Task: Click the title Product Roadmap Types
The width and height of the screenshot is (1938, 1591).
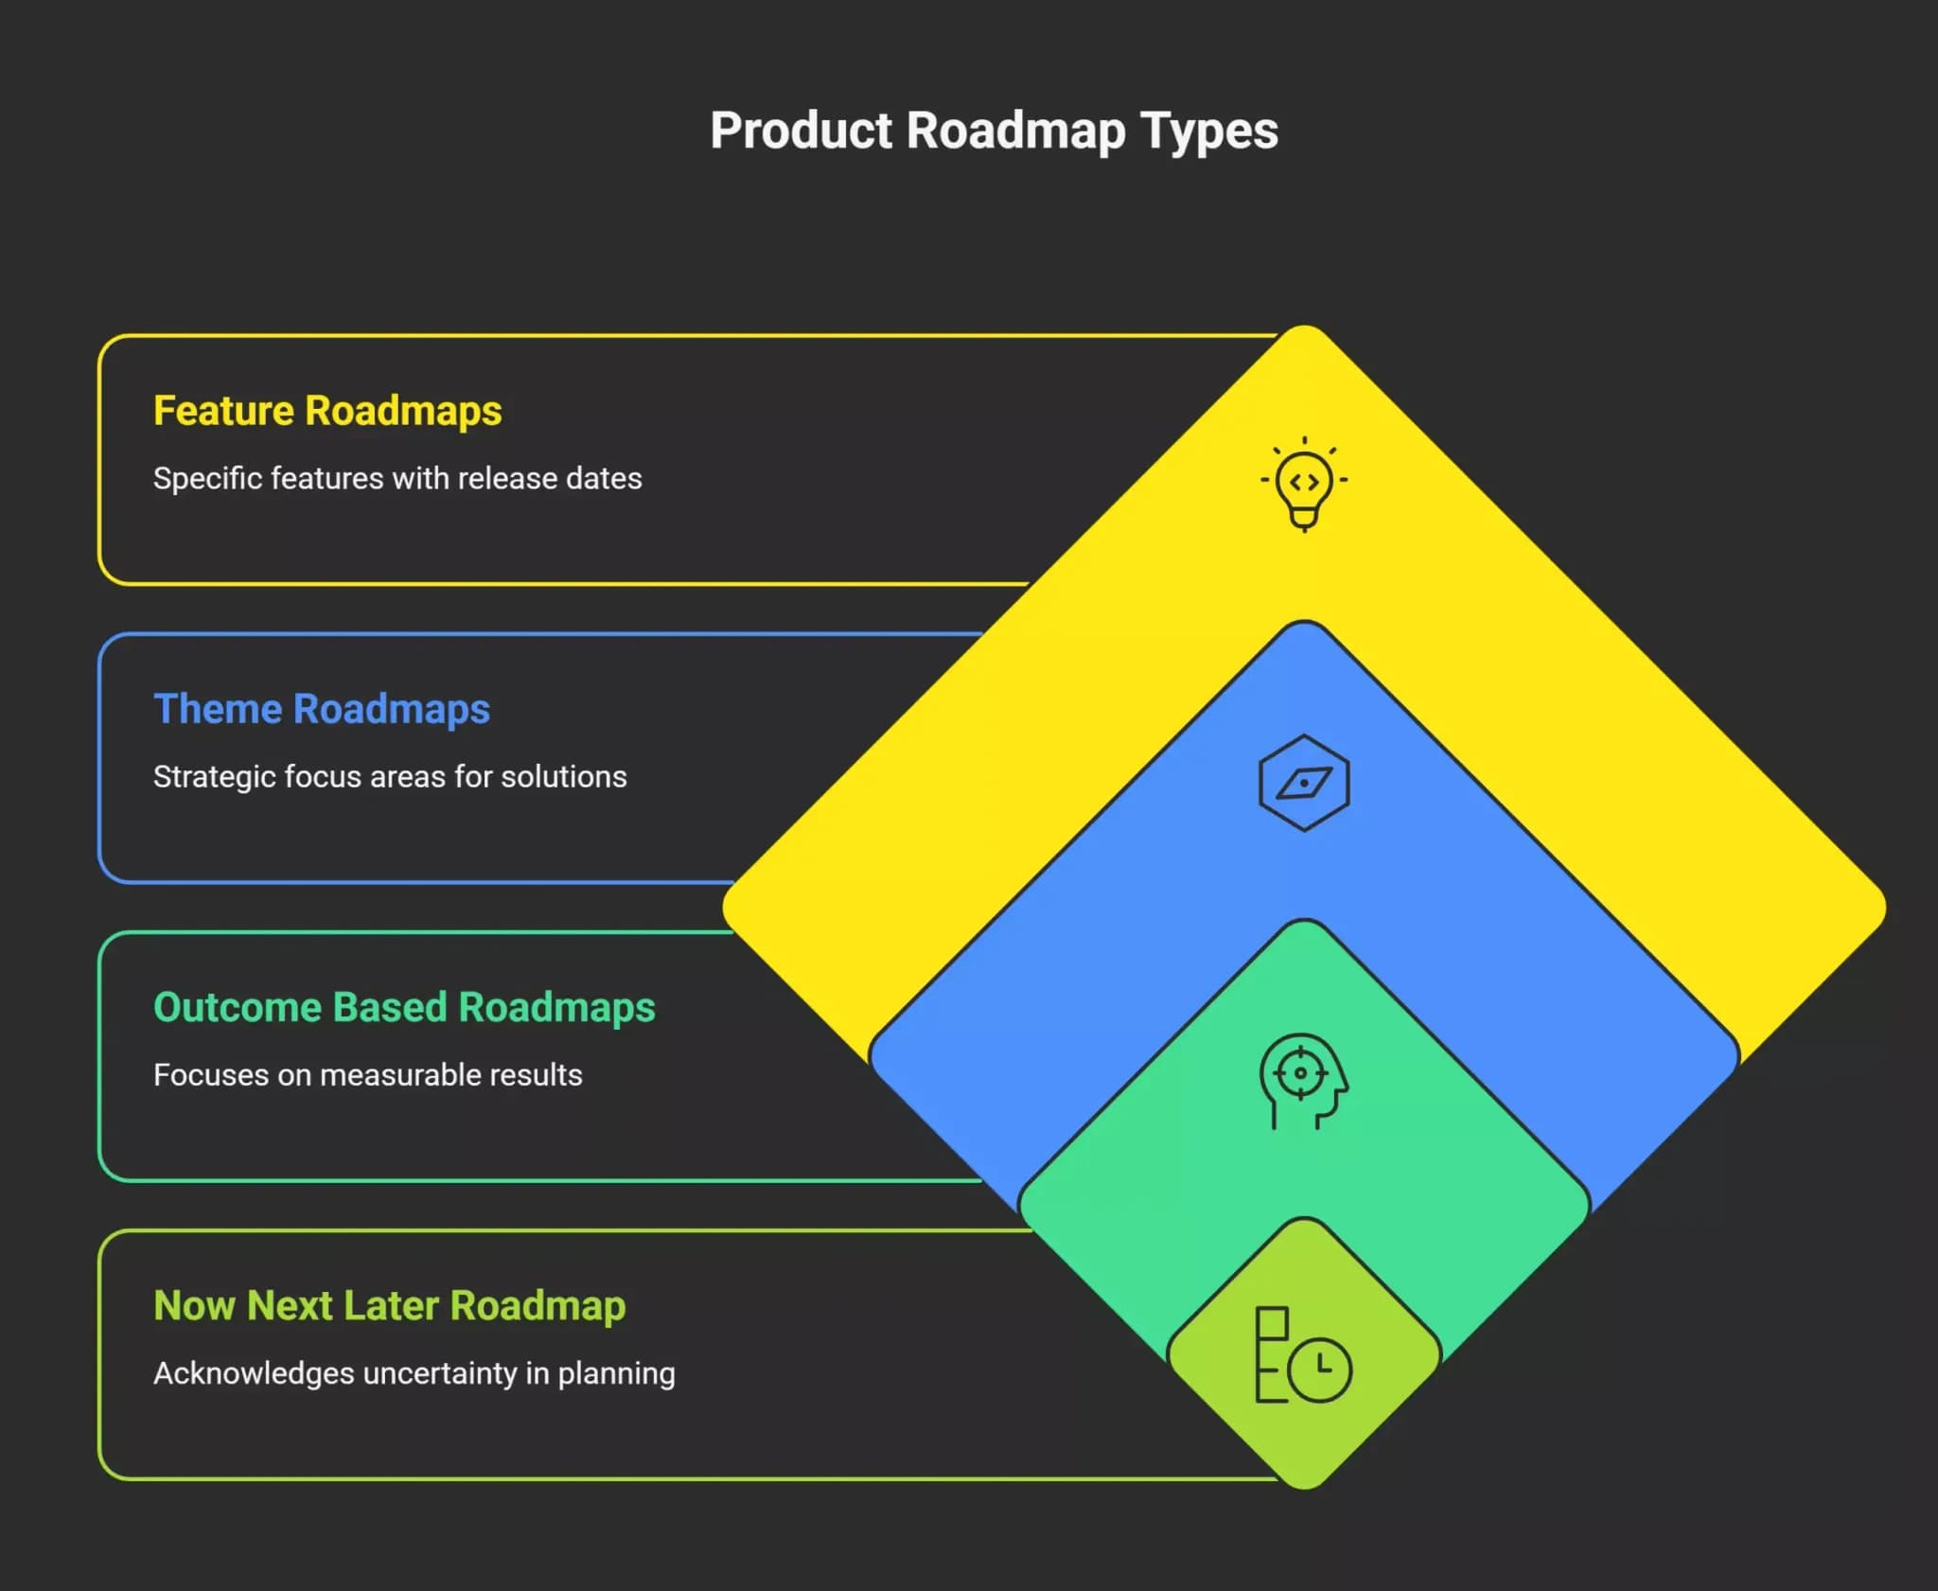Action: coord(994,131)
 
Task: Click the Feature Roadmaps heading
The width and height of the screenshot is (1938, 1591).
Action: coord(327,411)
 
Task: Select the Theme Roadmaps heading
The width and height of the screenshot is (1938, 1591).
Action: coord(322,709)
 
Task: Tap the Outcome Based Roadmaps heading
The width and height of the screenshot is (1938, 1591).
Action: coord(404,1007)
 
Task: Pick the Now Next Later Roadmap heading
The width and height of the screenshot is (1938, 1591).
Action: coord(390,1306)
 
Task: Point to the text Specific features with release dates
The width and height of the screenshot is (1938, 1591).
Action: coord(397,478)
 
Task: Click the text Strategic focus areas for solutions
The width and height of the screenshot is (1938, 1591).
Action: coord(390,776)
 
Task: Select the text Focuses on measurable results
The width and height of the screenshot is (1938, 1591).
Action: coord(368,1074)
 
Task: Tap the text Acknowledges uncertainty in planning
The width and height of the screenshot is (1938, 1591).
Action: coord(414,1373)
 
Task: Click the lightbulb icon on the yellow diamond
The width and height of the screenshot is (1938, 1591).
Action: coord(1304,485)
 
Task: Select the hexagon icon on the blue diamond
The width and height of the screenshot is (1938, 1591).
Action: coord(1304,783)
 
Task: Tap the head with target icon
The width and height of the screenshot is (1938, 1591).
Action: coord(1303,1081)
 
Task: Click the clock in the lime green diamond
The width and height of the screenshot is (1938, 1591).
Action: coord(1321,1369)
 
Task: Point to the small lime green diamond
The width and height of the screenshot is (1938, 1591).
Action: coord(1304,1353)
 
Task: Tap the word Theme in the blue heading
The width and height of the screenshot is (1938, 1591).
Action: coord(218,709)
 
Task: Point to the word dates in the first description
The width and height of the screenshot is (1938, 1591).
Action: coord(604,478)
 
